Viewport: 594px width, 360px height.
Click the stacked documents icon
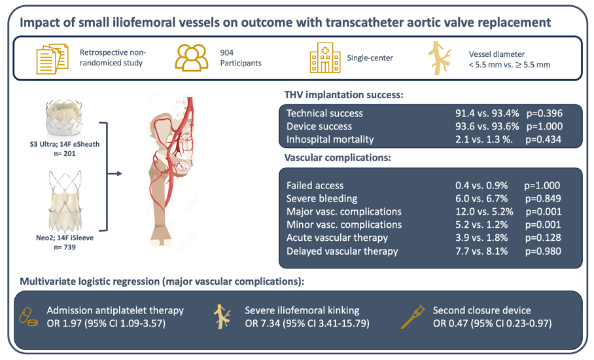point(52,59)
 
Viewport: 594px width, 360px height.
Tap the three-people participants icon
point(191,58)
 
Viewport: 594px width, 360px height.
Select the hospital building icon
point(325,58)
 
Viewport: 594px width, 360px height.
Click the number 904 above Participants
point(227,52)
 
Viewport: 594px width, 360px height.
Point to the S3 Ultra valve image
point(64,118)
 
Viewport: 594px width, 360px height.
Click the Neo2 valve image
point(65,201)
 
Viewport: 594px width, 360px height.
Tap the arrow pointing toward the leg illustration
point(115,173)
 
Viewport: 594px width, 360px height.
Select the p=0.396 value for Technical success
point(544,113)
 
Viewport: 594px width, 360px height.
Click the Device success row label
point(319,126)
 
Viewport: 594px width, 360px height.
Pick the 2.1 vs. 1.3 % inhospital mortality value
point(484,139)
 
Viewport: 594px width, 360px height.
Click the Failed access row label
point(315,185)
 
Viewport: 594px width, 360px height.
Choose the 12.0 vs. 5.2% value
point(484,211)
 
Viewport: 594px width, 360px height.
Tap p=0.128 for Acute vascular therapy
point(543,238)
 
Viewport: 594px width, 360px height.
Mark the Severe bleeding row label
point(322,198)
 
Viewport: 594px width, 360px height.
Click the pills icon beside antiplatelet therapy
point(28,317)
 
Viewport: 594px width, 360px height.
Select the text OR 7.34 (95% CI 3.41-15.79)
point(307,323)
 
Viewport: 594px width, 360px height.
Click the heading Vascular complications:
point(338,157)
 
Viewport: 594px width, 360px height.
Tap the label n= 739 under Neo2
point(64,247)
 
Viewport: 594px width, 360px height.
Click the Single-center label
point(370,58)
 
